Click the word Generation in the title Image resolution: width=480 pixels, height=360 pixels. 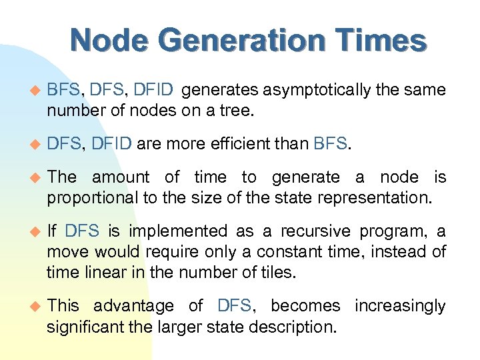pyautogui.click(x=235, y=41)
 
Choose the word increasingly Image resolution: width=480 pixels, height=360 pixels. pyautogui.click(x=400, y=306)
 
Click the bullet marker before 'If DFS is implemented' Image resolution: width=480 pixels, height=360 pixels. pyautogui.click(x=37, y=231)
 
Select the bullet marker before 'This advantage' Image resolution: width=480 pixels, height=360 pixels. pyautogui.click(x=37, y=306)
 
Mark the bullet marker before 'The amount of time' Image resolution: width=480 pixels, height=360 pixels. pyautogui.click(x=37, y=177)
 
